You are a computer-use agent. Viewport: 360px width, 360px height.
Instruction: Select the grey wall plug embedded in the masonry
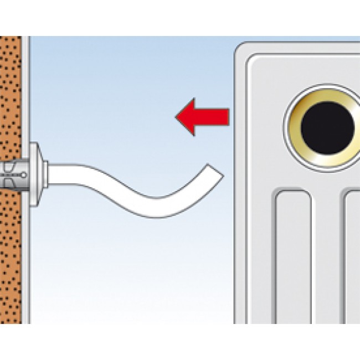(12, 168)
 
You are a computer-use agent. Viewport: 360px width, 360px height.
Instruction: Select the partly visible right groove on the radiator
(352, 255)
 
